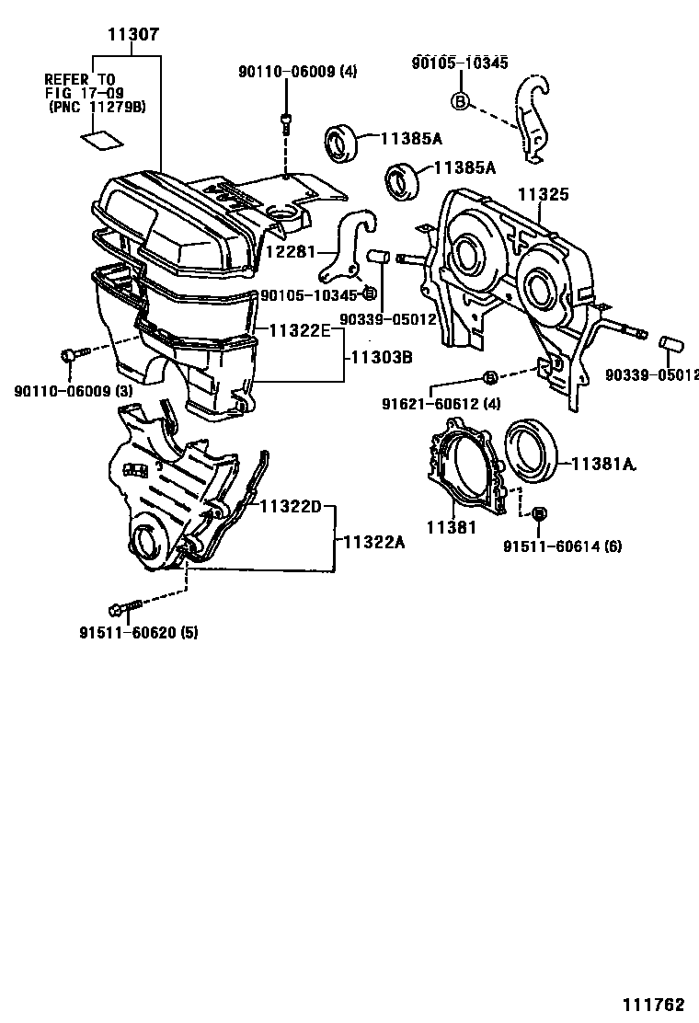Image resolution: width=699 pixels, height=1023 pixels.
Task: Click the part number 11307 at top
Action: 133,36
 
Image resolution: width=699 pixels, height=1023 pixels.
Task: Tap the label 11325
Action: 543,195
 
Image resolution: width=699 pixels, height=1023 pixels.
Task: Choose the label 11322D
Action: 290,506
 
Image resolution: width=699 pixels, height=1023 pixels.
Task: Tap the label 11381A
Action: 604,465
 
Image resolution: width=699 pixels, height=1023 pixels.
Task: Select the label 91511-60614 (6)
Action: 562,546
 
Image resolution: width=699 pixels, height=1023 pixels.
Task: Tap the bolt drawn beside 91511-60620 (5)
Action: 125,608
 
